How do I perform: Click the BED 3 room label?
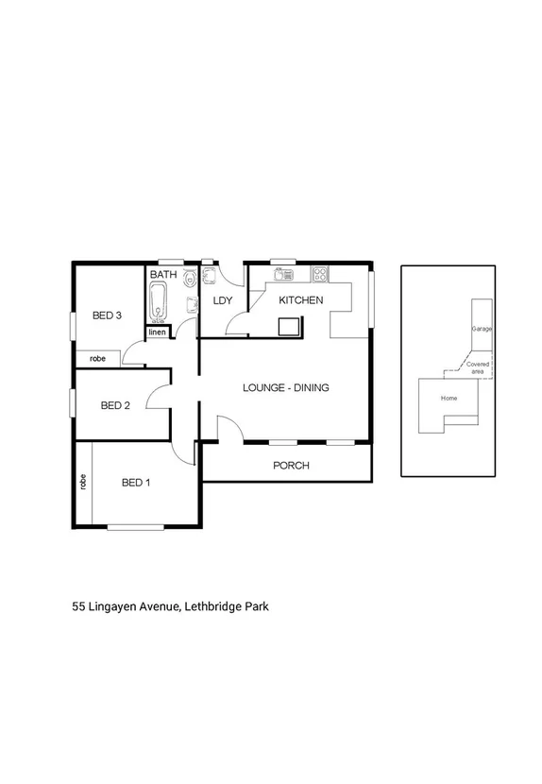[107, 315]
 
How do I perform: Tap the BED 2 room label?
[114, 406]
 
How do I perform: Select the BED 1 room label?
[136, 483]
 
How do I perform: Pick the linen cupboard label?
[157, 332]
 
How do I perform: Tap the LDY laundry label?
[223, 301]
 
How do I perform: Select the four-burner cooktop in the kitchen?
[321, 275]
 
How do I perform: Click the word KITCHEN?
[300, 300]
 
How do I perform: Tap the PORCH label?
[291, 466]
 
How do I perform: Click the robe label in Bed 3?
[97, 359]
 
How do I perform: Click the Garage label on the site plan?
[482, 329]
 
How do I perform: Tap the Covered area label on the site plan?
[477, 368]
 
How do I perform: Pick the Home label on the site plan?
[449, 398]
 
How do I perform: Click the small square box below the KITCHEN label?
[288, 326]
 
